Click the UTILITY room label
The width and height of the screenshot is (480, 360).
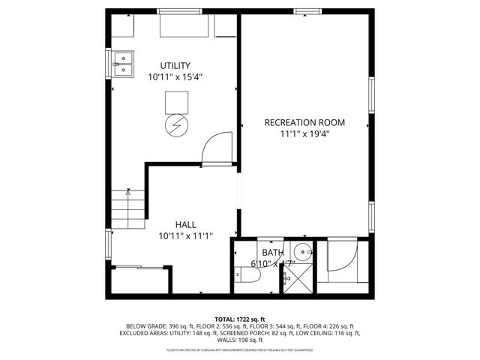tap(175, 65)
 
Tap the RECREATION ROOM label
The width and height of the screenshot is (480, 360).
tap(304, 122)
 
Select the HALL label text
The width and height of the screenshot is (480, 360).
tap(186, 224)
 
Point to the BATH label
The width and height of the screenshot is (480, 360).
tap(272, 253)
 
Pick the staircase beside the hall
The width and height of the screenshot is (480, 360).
tap(128, 210)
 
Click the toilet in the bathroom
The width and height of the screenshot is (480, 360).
tap(247, 277)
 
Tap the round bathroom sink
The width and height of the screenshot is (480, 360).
tap(302, 251)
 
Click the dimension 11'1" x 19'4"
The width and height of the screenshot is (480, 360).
tap(304, 133)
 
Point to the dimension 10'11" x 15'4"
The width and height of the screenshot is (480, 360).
tap(175, 76)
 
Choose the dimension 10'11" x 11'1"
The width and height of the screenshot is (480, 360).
tap(186, 235)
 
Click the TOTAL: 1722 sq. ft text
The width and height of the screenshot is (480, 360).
tap(240, 319)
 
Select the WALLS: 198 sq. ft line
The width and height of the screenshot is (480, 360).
tap(240, 340)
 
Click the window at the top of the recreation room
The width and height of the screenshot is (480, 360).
tap(304, 10)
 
